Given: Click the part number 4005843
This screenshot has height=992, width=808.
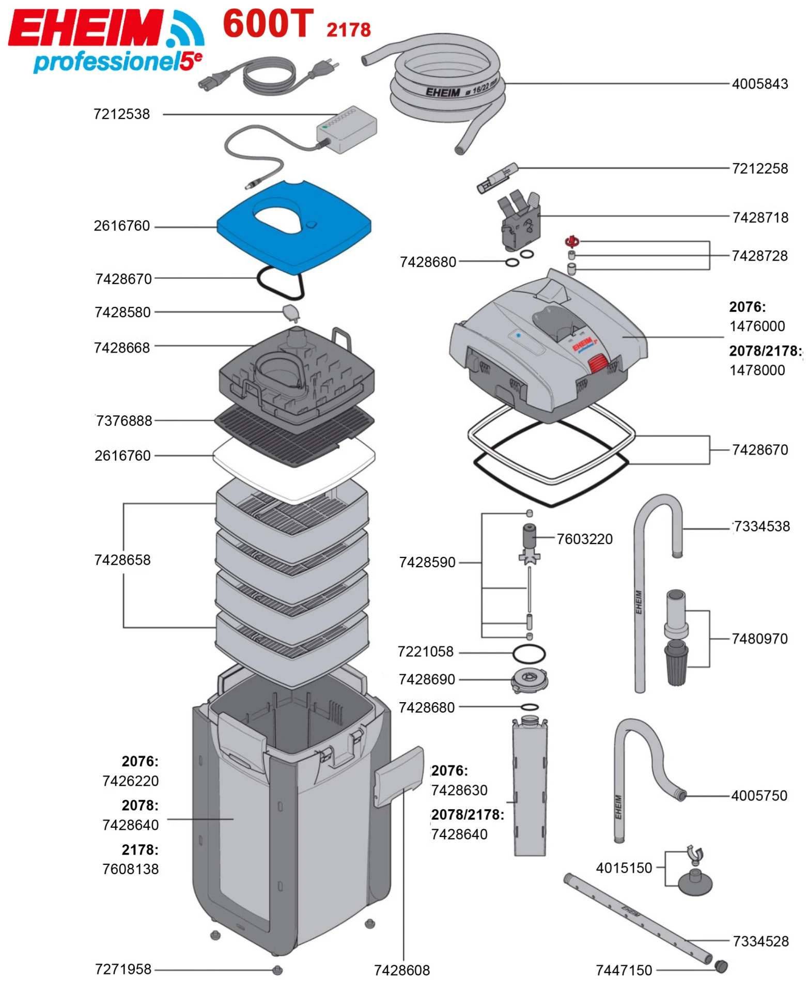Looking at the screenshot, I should click(x=759, y=84).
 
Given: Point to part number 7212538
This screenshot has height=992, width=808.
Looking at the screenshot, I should click(x=121, y=114).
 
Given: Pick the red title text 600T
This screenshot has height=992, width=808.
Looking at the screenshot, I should click(x=268, y=24).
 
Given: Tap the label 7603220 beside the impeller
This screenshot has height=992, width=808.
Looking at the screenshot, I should click(x=584, y=539).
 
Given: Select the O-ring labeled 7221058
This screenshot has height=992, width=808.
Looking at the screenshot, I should click(x=529, y=654).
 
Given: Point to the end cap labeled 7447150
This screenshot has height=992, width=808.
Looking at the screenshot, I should click(x=721, y=966).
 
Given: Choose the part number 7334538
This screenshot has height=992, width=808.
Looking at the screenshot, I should click(x=762, y=526).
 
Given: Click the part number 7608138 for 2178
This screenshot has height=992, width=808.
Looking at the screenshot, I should click(x=131, y=869).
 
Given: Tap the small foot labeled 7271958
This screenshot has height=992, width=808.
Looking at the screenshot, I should click(x=277, y=970).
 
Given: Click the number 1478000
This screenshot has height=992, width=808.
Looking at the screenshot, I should click(x=757, y=370).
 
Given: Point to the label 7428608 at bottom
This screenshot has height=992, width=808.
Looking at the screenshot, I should click(x=401, y=970).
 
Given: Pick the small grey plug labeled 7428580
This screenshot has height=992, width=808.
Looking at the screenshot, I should click(x=291, y=312).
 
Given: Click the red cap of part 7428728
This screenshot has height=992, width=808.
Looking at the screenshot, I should click(x=572, y=241).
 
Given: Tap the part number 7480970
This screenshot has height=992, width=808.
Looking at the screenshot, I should click(x=759, y=639).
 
